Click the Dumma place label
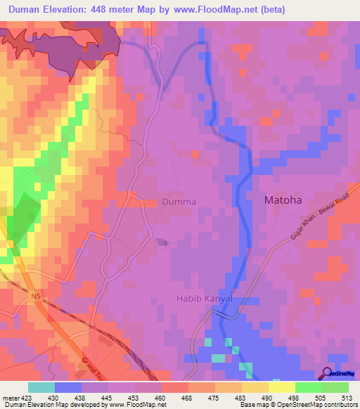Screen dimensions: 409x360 pos(179,201)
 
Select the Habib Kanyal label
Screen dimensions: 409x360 pos(203,299)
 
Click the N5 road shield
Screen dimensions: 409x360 pos(36,297)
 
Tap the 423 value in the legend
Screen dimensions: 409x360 pos(26,397)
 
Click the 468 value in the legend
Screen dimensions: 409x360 pos(188,397)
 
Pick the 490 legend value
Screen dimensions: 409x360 pos(269,397)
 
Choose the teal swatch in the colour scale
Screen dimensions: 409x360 pos(41,387)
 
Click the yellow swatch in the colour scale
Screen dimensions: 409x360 pos(282,387)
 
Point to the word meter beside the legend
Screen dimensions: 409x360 pos(9,397)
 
